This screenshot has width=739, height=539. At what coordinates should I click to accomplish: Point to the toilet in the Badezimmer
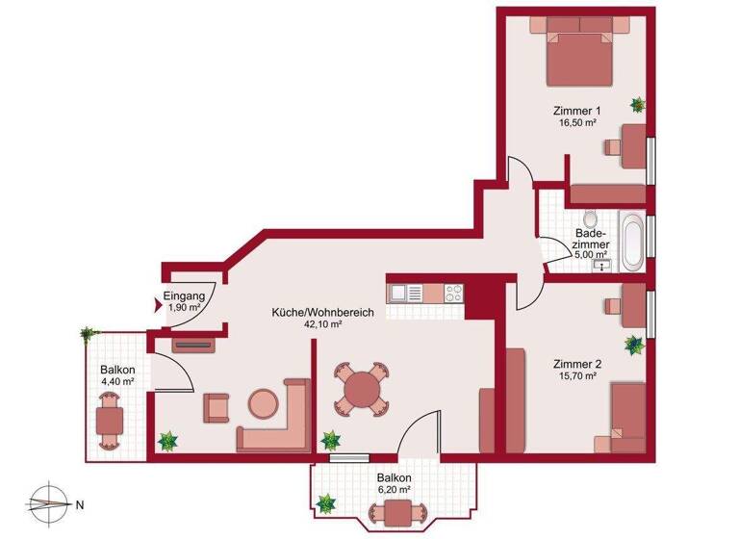(590, 218)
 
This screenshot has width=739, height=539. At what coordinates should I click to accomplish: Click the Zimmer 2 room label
(577, 364)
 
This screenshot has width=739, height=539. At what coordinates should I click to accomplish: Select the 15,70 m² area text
(577, 377)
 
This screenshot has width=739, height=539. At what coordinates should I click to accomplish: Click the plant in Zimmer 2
(633, 345)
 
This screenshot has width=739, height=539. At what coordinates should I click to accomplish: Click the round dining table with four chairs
(361, 390)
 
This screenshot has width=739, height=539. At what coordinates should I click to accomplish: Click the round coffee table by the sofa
(262, 403)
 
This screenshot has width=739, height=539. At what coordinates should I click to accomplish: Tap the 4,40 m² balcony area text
(117, 382)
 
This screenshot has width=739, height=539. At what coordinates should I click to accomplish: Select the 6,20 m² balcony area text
(395, 491)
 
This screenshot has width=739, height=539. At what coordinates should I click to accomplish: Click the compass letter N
(81, 503)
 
